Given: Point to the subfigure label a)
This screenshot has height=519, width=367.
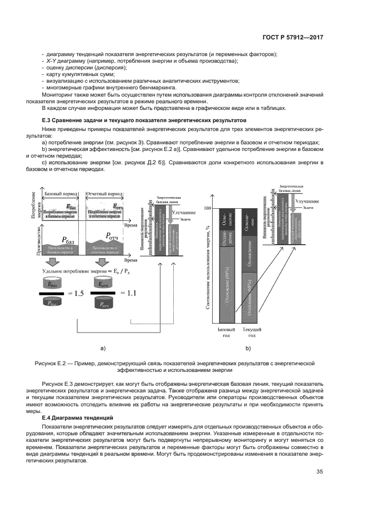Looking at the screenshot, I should tap(102, 348).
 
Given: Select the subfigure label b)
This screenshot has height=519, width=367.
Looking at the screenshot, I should tap(248, 348).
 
